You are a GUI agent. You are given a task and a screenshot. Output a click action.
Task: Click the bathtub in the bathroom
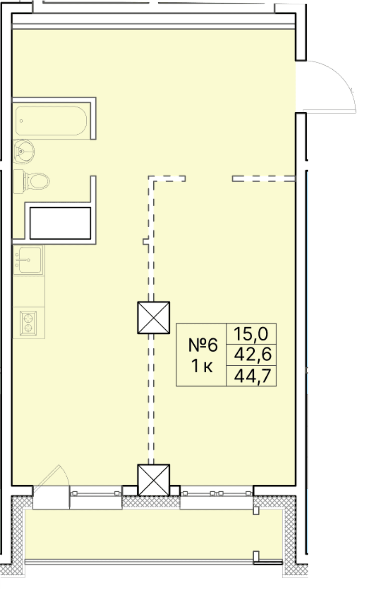click(x=51, y=120)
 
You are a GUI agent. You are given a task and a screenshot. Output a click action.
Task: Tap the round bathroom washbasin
click(x=23, y=151)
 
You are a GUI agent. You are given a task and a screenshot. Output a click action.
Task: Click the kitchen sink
click(x=28, y=260)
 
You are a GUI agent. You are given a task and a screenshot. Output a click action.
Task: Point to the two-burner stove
click(x=28, y=323)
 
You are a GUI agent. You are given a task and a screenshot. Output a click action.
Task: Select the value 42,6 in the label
click(x=252, y=355)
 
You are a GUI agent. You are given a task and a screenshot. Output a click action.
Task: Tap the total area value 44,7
click(x=252, y=376)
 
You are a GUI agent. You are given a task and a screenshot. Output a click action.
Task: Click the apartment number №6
click(x=204, y=345)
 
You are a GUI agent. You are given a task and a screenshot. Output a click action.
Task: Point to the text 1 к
click(x=202, y=367)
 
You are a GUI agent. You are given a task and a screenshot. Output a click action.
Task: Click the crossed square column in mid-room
click(x=153, y=317)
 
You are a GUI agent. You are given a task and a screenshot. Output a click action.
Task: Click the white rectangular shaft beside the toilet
click(x=60, y=223)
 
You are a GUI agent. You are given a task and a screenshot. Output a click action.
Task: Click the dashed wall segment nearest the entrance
click(x=264, y=179)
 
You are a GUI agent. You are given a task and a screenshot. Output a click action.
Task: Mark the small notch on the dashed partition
click(x=145, y=241)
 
